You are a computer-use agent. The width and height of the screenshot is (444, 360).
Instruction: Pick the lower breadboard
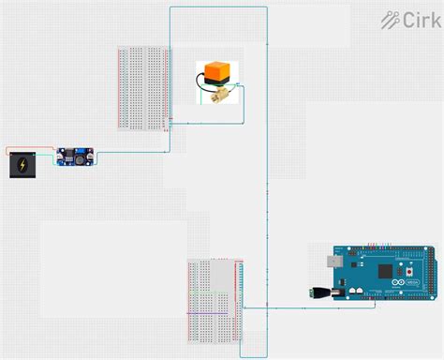[215, 299]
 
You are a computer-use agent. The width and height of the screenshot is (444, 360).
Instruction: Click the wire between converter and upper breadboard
[131, 151]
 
